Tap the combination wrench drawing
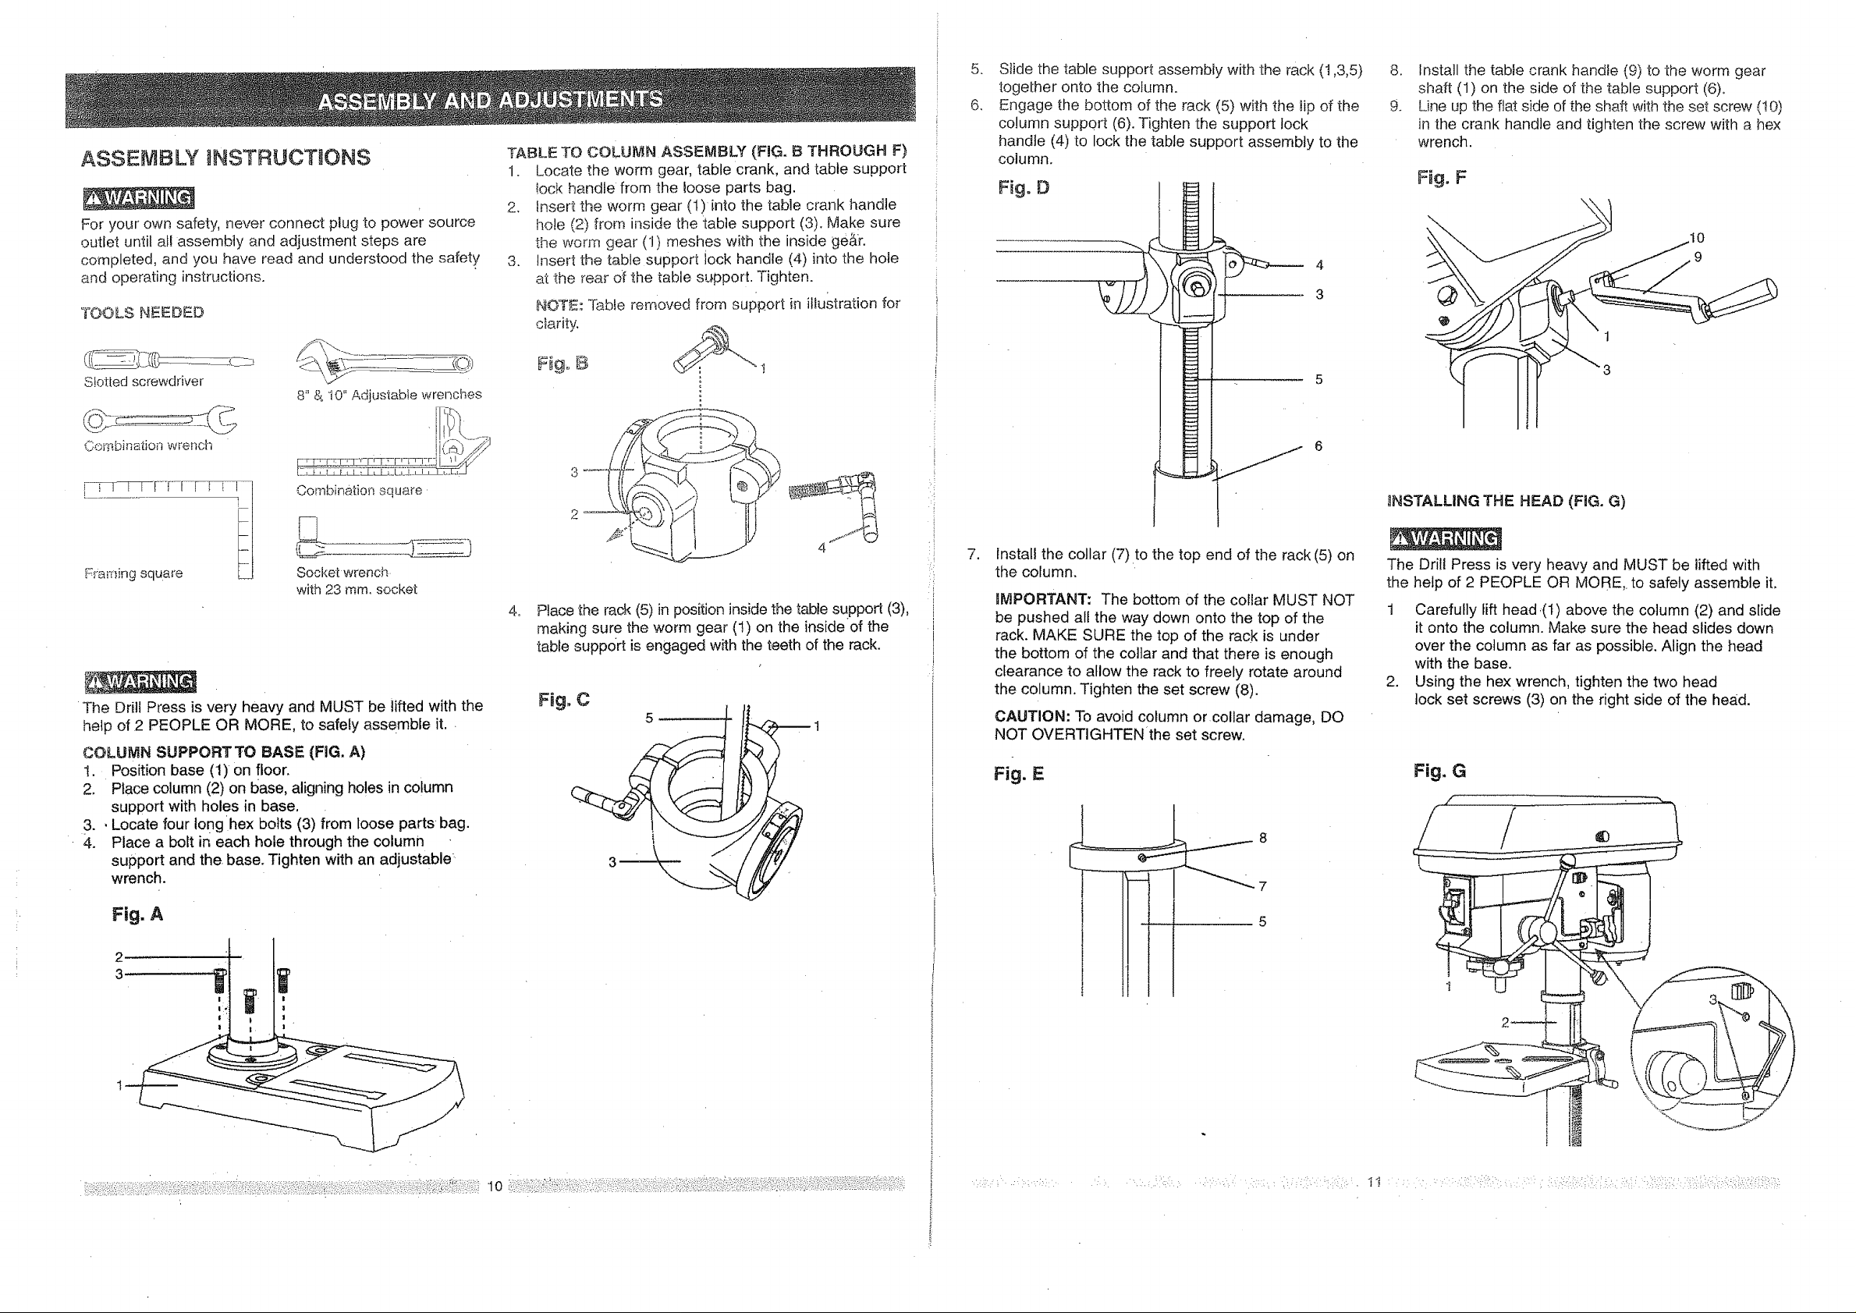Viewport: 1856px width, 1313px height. [x=160, y=420]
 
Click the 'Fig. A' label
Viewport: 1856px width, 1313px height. [x=137, y=914]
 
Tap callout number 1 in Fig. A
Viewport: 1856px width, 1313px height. [x=119, y=1085]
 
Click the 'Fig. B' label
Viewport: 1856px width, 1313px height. [x=562, y=364]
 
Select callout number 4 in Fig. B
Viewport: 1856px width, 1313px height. [x=822, y=548]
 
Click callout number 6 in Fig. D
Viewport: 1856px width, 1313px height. [x=1318, y=446]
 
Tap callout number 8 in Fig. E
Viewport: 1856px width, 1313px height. [x=1262, y=839]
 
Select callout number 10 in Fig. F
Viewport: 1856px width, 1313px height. [x=1697, y=238]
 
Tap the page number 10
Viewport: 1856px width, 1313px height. [x=495, y=1186]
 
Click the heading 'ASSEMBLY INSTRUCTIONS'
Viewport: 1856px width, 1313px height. [x=225, y=157]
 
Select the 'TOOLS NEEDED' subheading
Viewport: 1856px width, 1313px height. [x=142, y=313]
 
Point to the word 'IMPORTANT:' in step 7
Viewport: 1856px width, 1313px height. [x=1043, y=600]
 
